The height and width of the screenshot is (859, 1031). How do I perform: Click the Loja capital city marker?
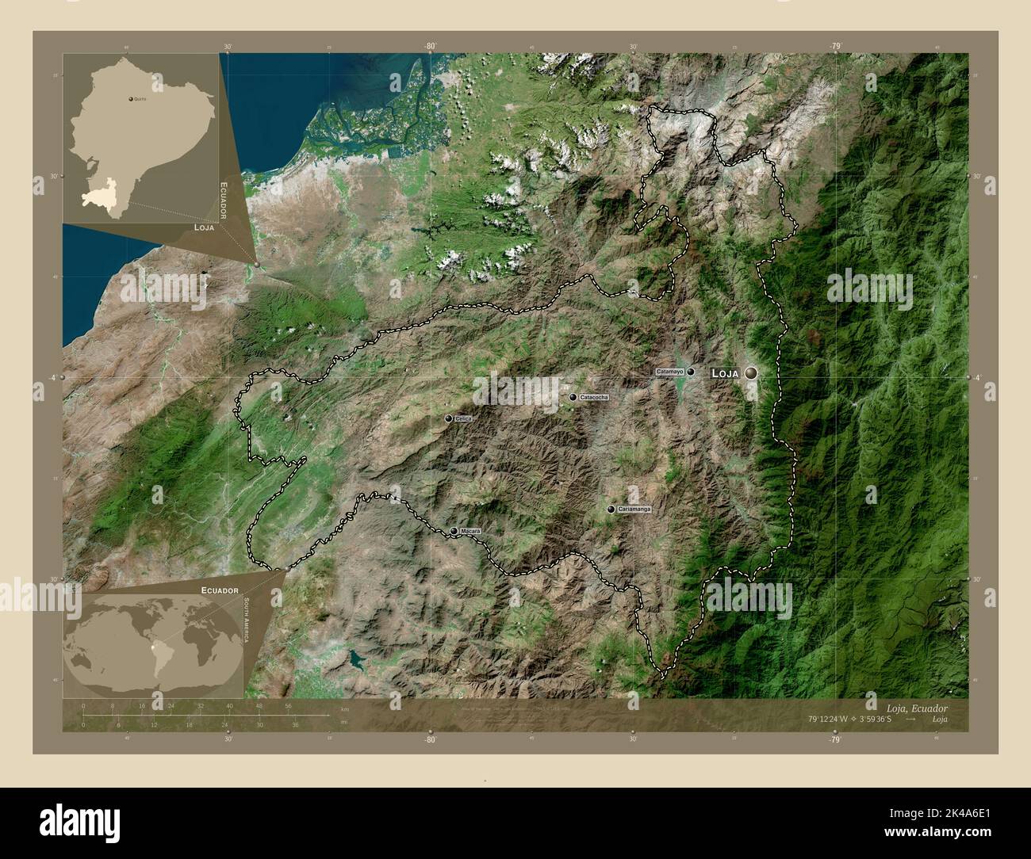pyautogui.click(x=750, y=372)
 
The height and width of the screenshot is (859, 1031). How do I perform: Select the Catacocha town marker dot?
pyautogui.click(x=573, y=397)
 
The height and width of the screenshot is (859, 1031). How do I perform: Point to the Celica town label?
pyautogui.click(x=464, y=418)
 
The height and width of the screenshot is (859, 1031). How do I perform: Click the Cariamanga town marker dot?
pyautogui.click(x=611, y=510)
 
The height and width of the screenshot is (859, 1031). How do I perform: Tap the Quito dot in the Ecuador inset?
pyautogui.click(x=131, y=100)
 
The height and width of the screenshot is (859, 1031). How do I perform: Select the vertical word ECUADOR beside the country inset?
pyautogui.click(x=224, y=200)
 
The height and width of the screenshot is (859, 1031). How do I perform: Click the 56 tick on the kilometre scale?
pyautogui.click(x=288, y=705)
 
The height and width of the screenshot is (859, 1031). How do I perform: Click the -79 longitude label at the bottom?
pyautogui.click(x=835, y=739)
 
